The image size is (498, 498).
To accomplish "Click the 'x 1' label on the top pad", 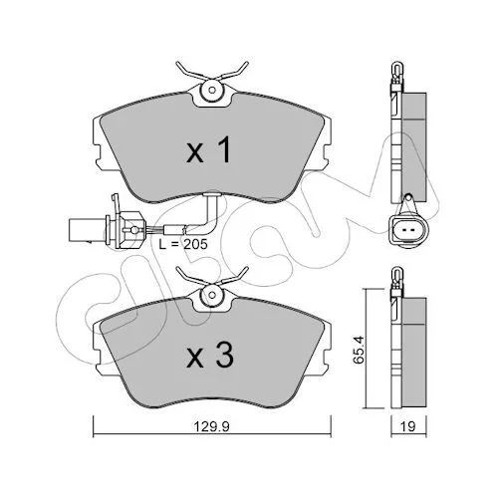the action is point(209,150).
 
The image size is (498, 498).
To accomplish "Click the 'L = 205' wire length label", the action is point(183,244).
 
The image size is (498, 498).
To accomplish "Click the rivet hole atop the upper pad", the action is point(212,90).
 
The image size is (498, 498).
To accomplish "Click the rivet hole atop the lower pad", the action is point(212,295).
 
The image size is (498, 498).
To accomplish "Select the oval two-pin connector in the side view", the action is point(407,230).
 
